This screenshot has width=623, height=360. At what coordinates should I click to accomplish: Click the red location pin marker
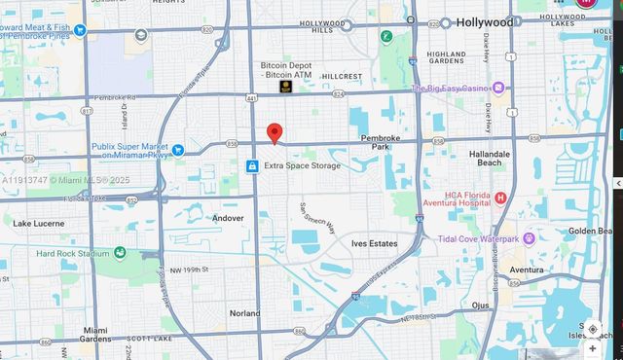point(275,134)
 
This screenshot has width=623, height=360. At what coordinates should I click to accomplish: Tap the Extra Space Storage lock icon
point(252,166)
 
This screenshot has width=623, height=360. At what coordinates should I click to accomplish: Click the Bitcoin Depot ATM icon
point(286,87)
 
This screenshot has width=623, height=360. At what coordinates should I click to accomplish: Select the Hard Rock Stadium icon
point(120,253)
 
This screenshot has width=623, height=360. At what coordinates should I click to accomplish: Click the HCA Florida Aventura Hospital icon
point(500,198)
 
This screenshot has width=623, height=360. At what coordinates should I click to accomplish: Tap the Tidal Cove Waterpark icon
point(529,238)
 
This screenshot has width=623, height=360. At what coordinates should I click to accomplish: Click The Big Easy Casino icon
point(498,88)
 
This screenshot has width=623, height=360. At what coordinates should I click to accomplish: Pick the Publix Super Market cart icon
point(178,150)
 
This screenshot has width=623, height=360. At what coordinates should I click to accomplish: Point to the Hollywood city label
point(484,21)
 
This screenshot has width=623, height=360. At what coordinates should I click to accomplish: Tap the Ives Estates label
point(375,243)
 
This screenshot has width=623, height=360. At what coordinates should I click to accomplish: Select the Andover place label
point(228,218)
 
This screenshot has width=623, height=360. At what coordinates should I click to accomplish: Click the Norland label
point(244,313)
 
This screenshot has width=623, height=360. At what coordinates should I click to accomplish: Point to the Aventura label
point(527,270)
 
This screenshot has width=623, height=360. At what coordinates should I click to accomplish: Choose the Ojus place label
point(481,305)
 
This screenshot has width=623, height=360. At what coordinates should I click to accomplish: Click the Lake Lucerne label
point(39,223)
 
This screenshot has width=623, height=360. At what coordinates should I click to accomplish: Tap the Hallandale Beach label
point(490,159)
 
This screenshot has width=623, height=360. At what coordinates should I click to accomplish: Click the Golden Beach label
point(590,231)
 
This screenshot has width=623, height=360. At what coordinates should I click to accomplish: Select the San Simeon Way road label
point(317,219)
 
